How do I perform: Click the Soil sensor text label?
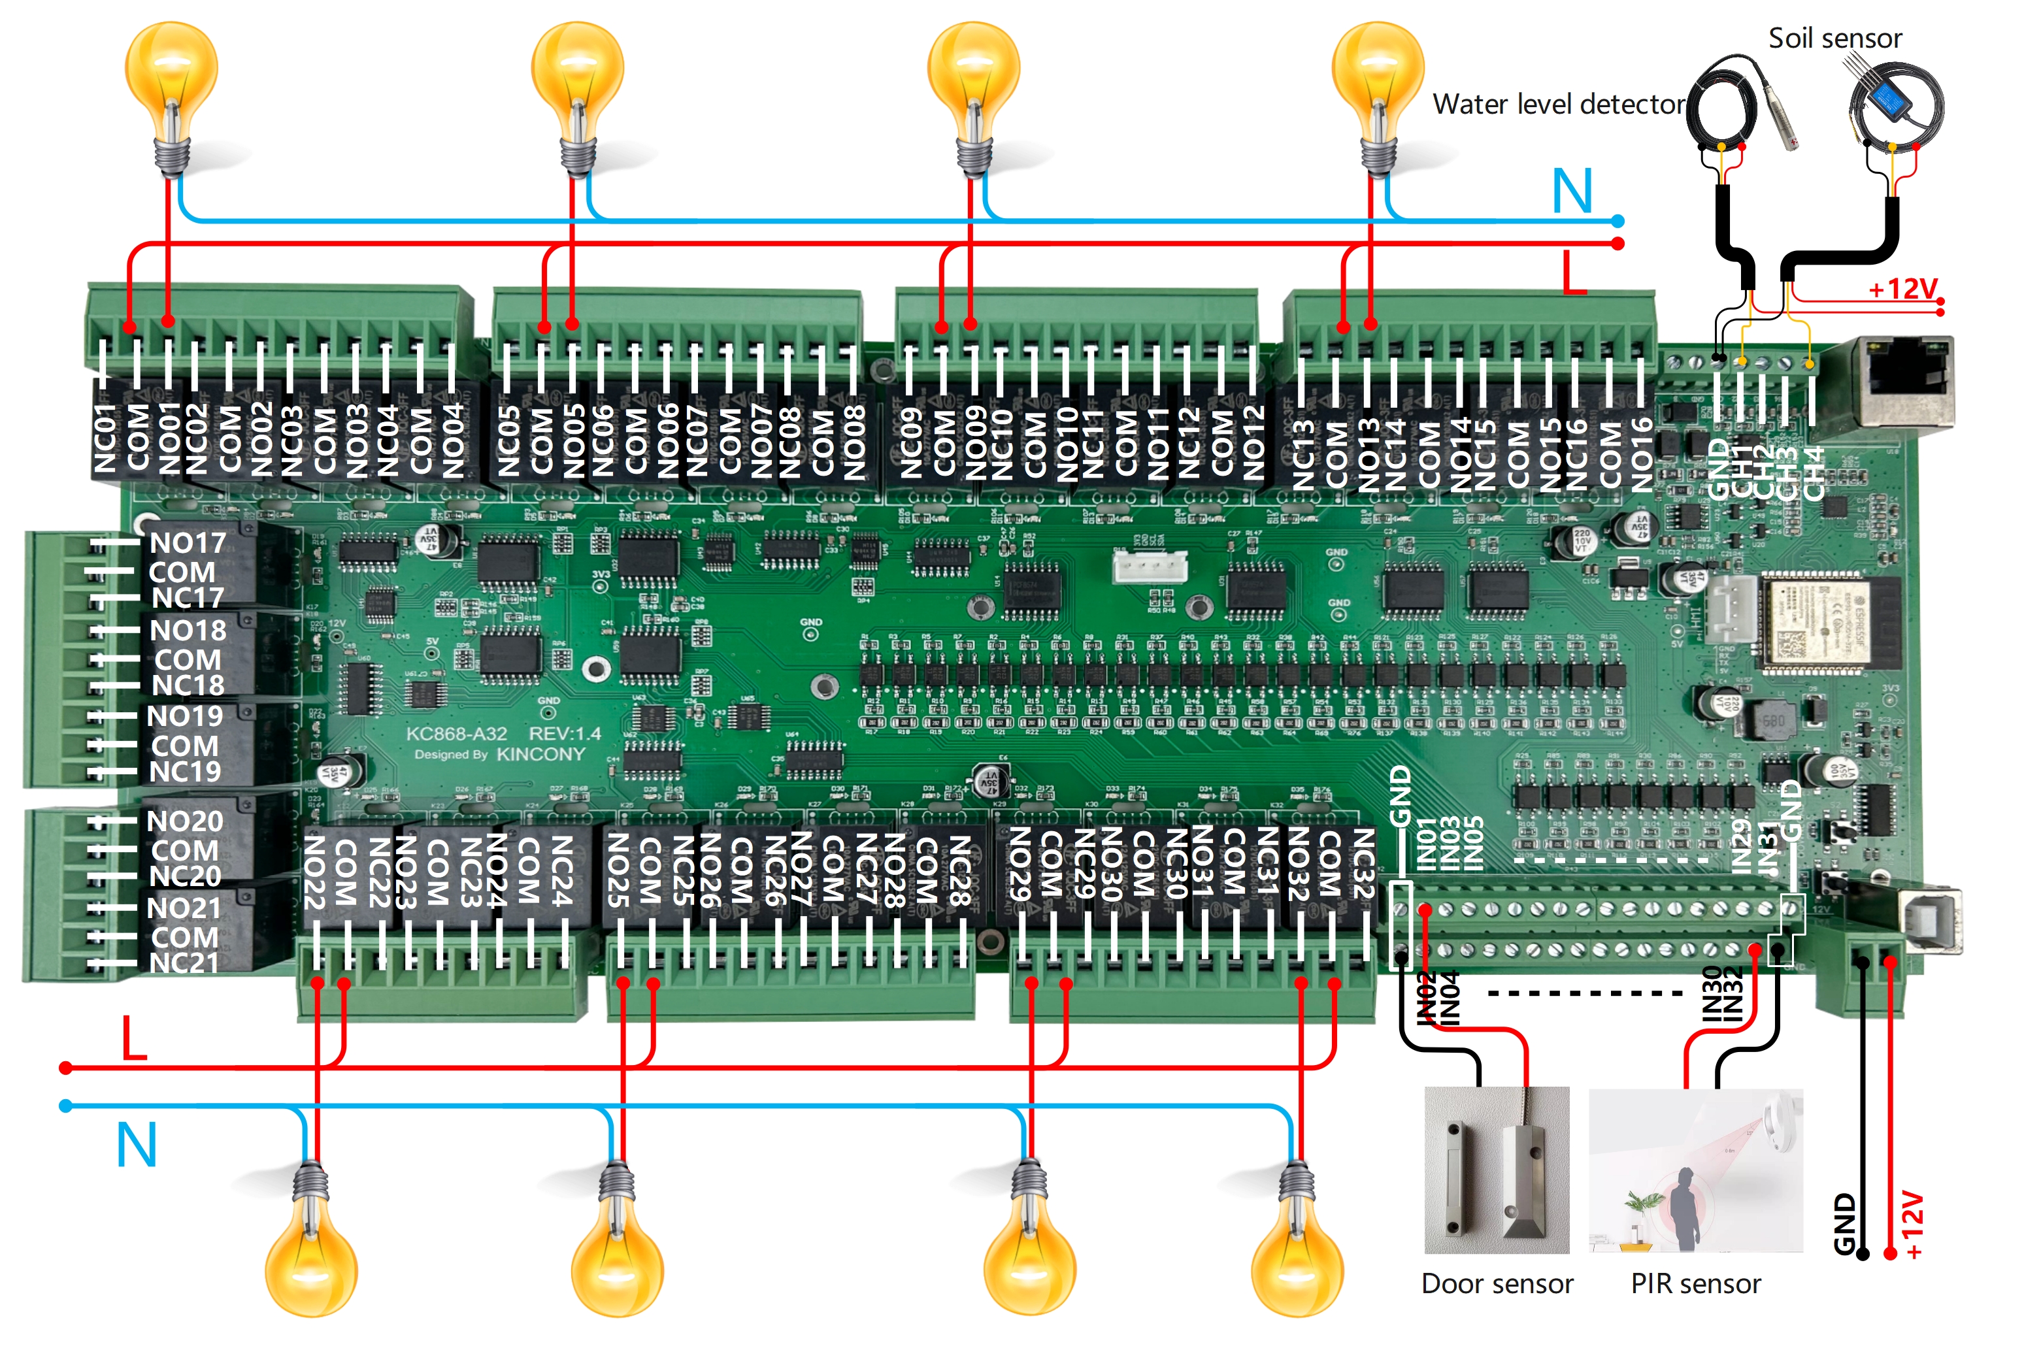[1834, 38]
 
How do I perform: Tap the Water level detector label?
[1557, 104]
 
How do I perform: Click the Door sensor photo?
[1496, 1169]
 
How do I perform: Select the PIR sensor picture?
[1694, 1169]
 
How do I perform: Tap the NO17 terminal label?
[188, 542]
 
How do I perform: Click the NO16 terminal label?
[1641, 455]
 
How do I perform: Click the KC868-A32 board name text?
[456, 734]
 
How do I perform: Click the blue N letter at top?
[1571, 191]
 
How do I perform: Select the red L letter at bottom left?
[133, 1038]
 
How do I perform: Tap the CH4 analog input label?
[1814, 474]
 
